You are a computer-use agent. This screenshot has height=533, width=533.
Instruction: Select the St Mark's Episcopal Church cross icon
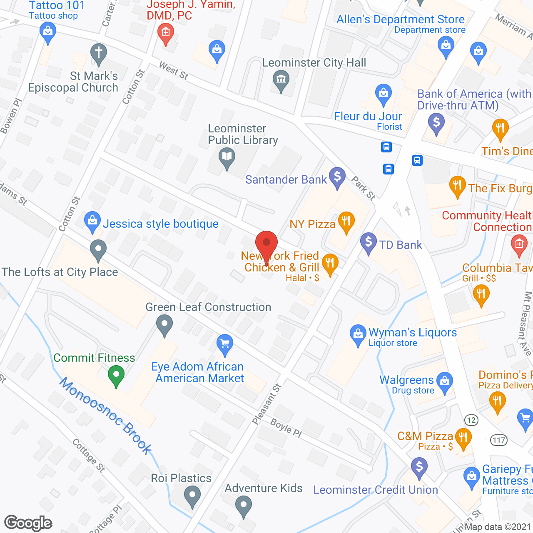point(99,53)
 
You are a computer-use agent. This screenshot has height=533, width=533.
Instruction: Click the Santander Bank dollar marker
point(337,177)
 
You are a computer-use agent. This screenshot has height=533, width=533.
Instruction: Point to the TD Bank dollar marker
point(369,242)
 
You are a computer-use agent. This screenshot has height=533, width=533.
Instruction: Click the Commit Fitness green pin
point(116,374)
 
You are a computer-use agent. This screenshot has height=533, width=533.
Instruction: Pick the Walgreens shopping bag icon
point(445,381)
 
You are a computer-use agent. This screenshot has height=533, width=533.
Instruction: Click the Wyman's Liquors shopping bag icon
point(358,334)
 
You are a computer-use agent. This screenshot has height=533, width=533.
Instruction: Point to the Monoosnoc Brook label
point(106,415)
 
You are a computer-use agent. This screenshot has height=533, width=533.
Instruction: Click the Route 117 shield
point(498,440)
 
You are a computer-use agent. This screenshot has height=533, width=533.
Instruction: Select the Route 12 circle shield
point(471,420)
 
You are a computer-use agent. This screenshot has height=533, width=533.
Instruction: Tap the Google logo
point(28,523)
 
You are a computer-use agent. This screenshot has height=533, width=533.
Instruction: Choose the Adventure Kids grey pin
point(244,506)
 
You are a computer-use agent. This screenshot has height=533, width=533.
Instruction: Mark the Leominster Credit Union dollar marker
point(419,467)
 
